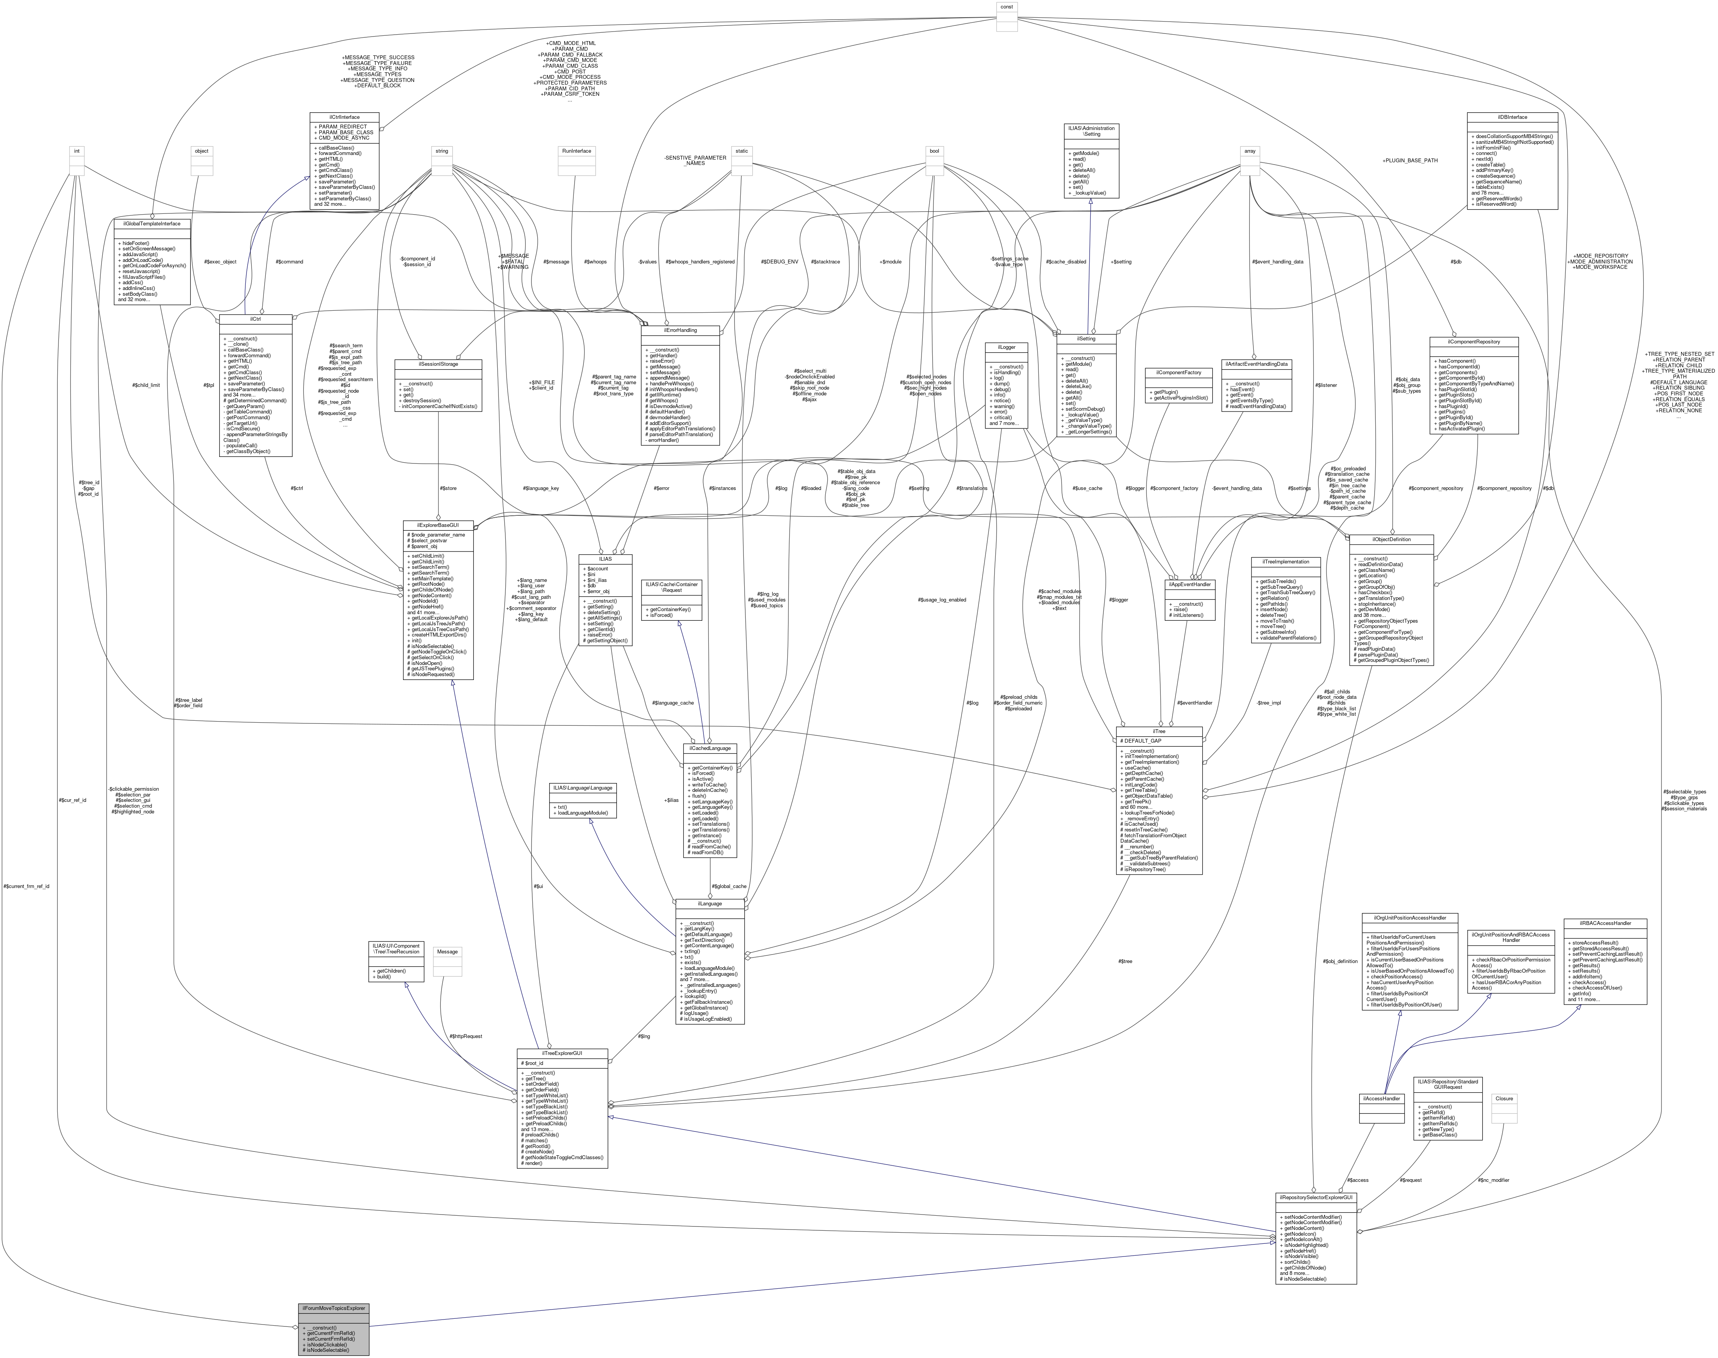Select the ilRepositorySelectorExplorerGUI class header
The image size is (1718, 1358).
[1316, 1196]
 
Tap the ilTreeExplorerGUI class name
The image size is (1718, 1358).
[562, 1053]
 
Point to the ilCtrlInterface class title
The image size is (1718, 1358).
[344, 117]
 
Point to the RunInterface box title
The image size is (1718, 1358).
[577, 151]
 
